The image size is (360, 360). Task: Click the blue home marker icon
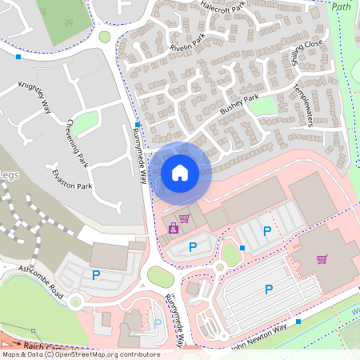(x=179, y=172)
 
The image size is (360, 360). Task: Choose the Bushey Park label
(x=239, y=104)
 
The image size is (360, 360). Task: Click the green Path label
(x=341, y=6)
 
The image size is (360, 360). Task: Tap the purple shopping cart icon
(x=322, y=259)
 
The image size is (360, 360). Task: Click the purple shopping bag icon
(x=173, y=229)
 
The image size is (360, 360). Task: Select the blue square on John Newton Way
(x=298, y=322)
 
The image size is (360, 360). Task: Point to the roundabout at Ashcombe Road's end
(x=76, y=302)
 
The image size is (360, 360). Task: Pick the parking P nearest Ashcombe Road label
(x=96, y=275)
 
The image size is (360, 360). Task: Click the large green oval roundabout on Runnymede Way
(x=160, y=277)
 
